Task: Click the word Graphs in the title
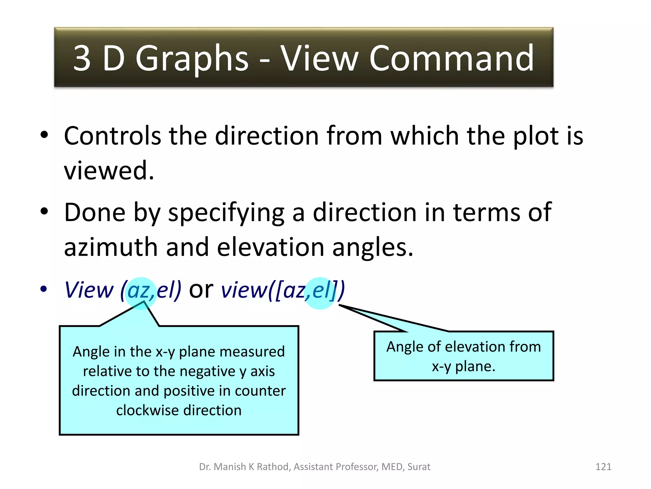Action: [192, 59]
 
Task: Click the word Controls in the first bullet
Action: [112, 136]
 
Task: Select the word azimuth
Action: [111, 248]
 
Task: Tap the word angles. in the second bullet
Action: [373, 248]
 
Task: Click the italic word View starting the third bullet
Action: [89, 290]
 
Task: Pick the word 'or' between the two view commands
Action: [201, 289]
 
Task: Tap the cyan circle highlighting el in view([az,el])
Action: [320, 293]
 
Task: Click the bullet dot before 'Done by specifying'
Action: [44, 211]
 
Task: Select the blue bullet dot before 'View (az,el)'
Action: [44, 289]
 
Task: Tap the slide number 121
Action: [603, 467]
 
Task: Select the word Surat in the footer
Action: [419, 467]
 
